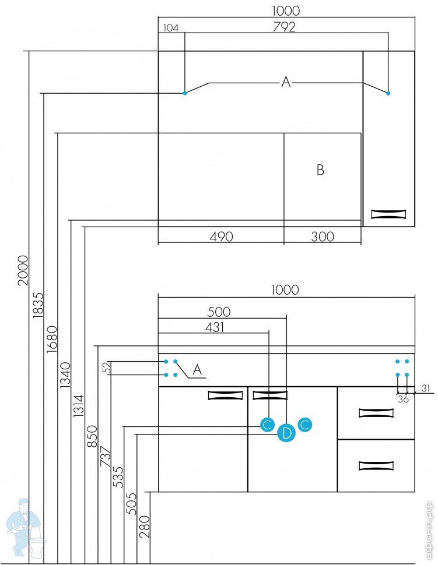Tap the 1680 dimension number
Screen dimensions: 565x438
(52, 338)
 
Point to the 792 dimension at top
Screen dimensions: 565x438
(284, 27)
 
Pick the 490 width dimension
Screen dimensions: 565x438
(221, 236)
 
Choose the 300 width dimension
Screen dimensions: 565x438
(323, 236)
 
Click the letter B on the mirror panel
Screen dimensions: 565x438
(320, 170)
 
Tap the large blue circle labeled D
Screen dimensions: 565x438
(286, 433)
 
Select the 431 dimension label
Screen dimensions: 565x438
(214, 327)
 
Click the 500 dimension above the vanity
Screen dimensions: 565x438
(219, 312)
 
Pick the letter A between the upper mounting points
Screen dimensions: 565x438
(286, 82)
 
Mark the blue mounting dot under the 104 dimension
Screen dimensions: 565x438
(185, 93)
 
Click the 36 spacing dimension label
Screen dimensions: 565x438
(403, 400)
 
